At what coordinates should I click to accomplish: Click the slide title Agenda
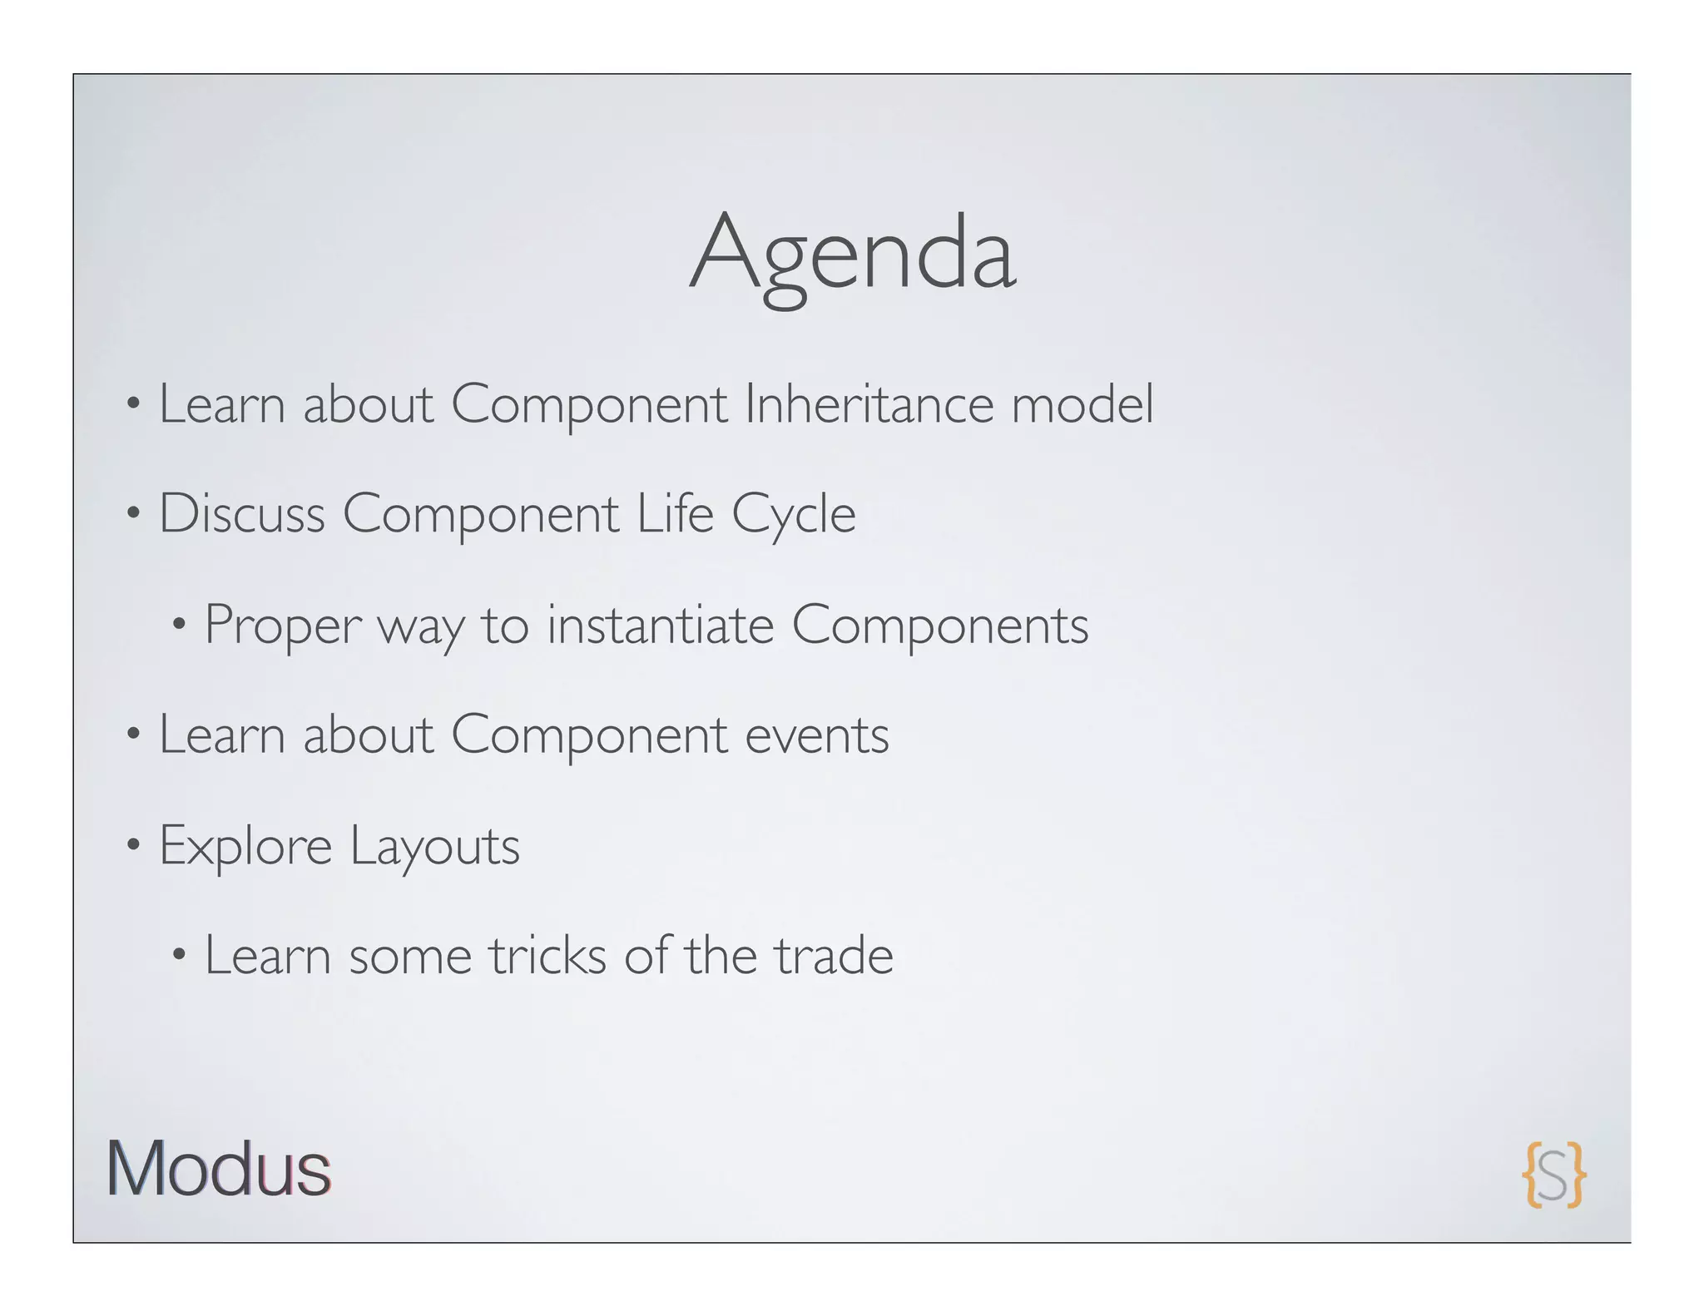coord(852,254)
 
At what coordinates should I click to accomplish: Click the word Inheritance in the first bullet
coord(869,404)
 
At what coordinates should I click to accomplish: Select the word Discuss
coord(241,514)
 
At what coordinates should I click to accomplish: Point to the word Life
coord(675,514)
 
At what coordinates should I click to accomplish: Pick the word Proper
coord(283,626)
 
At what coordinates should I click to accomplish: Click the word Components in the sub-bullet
coord(939,626)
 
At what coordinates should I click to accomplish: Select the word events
coord(816,735)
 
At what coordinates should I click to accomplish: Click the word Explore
coord(245,847)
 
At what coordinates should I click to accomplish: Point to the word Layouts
coord(434,847)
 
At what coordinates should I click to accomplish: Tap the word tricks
coord(547,956)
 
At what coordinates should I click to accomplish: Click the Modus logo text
coord(219,1170)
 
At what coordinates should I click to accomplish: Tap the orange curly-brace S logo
coord(1553,1175)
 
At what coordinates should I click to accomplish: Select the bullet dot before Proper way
coord(179,625)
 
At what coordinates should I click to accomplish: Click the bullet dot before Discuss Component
coord(133,514)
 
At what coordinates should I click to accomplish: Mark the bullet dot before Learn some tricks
coord(179,956)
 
